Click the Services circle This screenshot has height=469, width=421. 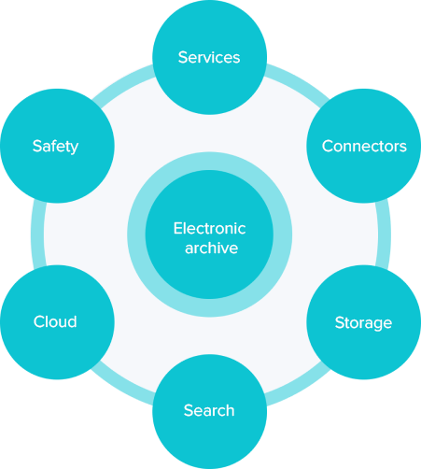(x=209, y=57)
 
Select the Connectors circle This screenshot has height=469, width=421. (x=364, y=146)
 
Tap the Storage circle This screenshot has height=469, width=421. (x=364, y=322)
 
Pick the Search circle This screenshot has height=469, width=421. (x=209, y=411)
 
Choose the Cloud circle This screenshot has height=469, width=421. (x=57, y=322)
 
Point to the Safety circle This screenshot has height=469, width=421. (x=57, y=146)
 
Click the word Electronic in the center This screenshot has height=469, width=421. (x=209, y=228)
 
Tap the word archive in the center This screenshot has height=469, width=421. (x=211, y=248)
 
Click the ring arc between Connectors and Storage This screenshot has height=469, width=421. (x=384, y=234)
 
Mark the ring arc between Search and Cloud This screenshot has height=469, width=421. (x=121, y=388)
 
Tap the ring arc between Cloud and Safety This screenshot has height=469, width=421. (x=37, y=234)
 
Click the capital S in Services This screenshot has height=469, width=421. (x=183, y=57)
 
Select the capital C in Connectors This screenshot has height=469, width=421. (x=328, y=146)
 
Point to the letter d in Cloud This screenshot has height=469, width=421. (x=72, y=321)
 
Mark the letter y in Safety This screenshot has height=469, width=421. (x=74, y=149)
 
